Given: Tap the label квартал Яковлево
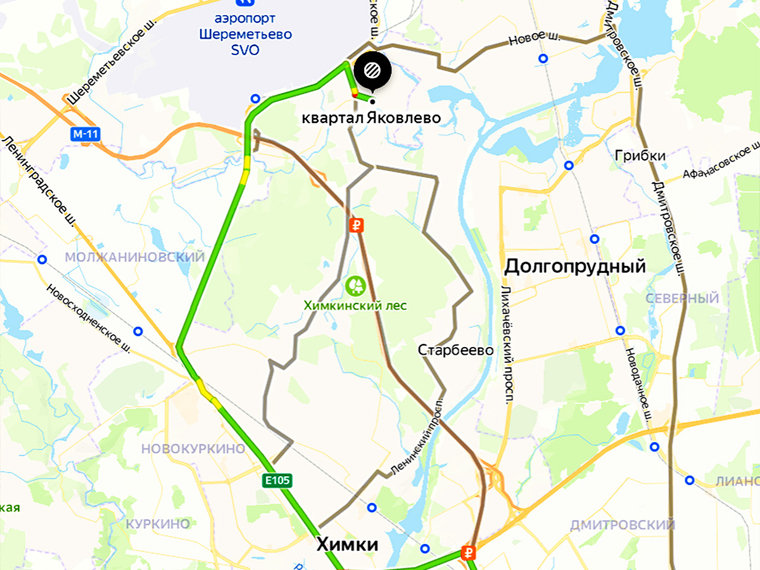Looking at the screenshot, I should (371, 118).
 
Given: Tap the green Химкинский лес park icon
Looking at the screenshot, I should (355, 284).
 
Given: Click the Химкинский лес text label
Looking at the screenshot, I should (355, 305).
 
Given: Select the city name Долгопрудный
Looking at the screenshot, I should (574, 267).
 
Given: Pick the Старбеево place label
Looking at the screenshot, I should (455, 350).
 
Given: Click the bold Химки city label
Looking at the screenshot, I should (347, 545).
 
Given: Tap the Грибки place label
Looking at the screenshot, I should (640, 156).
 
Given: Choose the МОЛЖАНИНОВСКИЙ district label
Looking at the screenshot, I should (135, 257).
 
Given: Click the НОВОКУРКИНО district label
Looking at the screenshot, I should (193, 449).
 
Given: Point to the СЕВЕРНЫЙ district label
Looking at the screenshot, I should (682, 298).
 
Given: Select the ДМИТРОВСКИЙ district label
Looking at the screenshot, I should (622, 525).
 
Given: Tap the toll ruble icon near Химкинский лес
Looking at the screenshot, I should (356, 225).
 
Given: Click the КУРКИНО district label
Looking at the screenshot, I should (158, 524).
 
